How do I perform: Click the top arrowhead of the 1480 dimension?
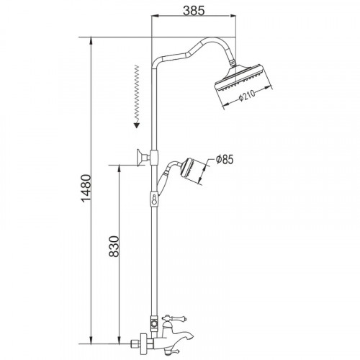click(92, 37)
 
